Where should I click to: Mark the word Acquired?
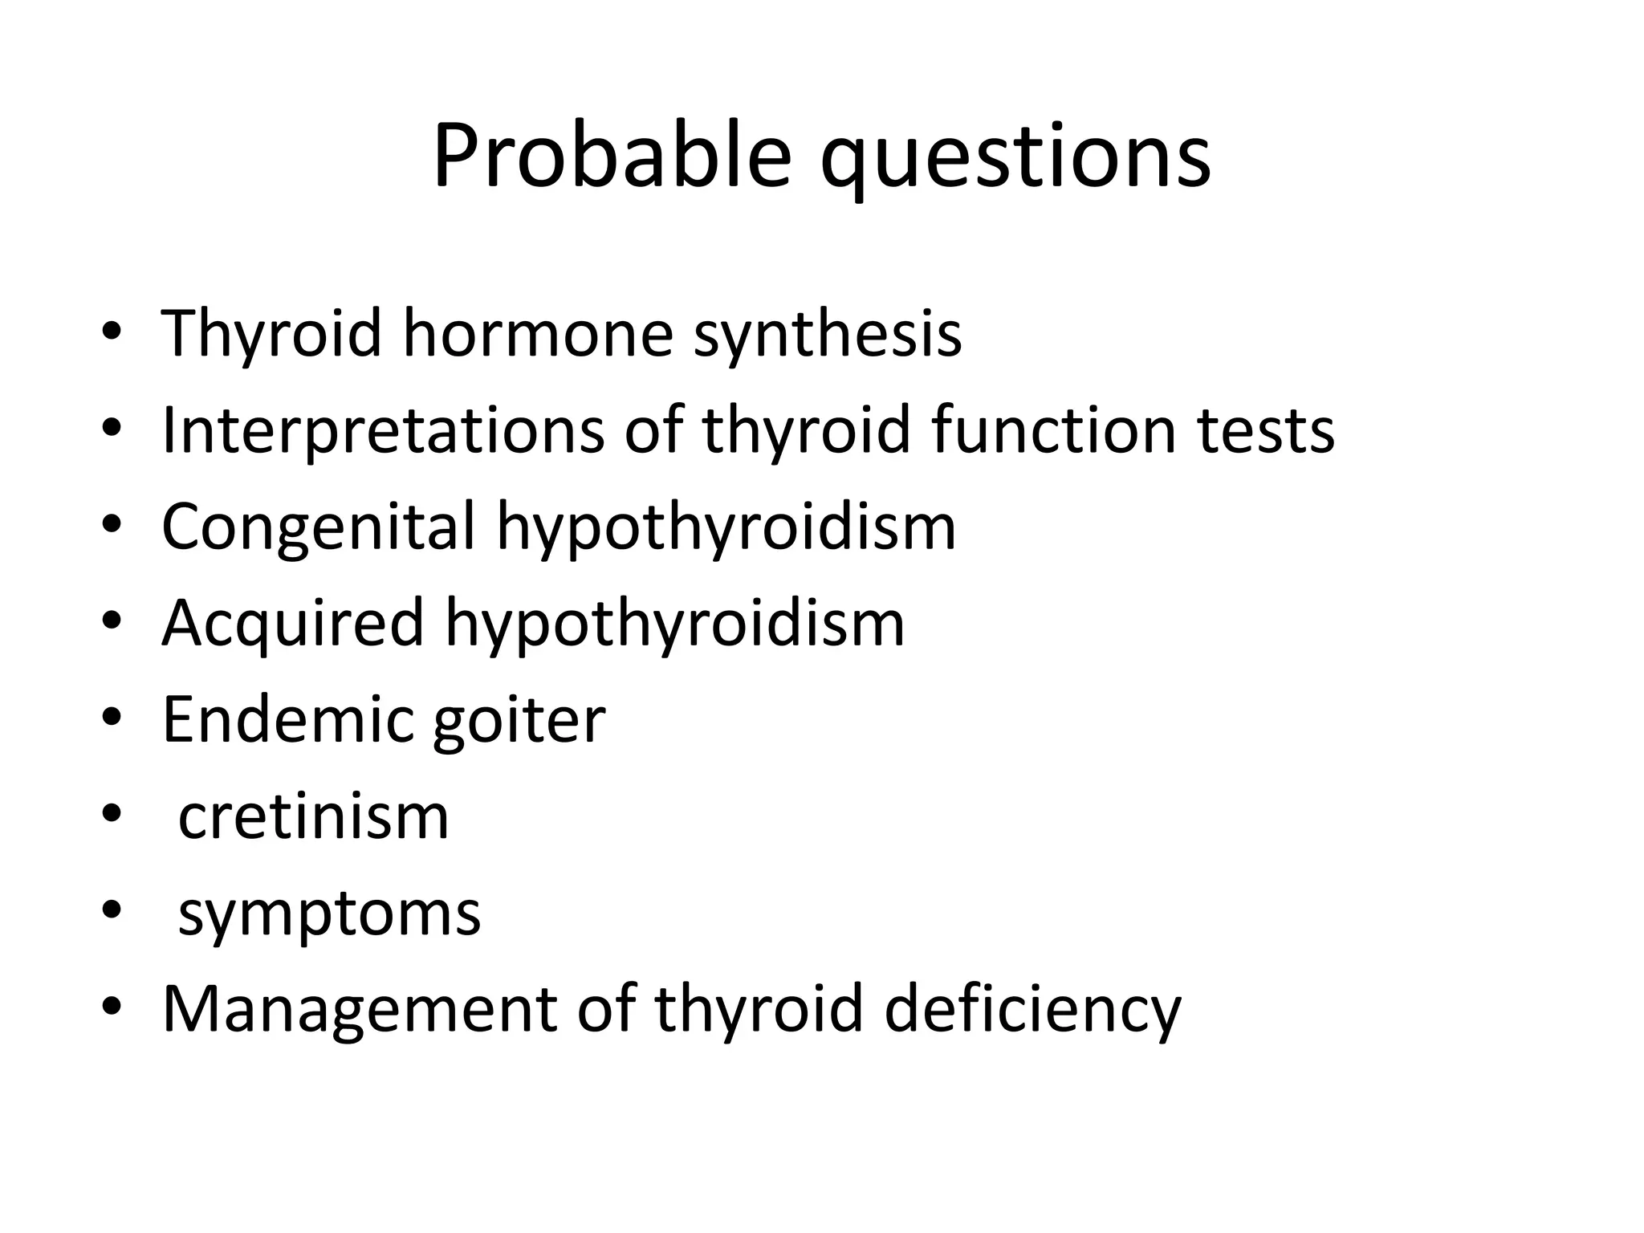[292, 624]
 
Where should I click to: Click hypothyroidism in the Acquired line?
[675, 624]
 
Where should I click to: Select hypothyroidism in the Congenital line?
[726, 527]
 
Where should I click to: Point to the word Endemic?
[287, 720]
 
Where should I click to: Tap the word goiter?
[519, 720]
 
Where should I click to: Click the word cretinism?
[313, 817]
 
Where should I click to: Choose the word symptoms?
[329, 914]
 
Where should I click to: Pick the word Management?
[360, 1009]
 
